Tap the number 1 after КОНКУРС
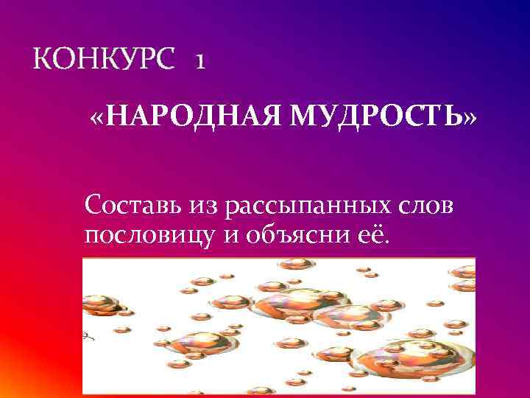click(200, 63)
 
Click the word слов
click(429, 205)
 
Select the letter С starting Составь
click(93, 205)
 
